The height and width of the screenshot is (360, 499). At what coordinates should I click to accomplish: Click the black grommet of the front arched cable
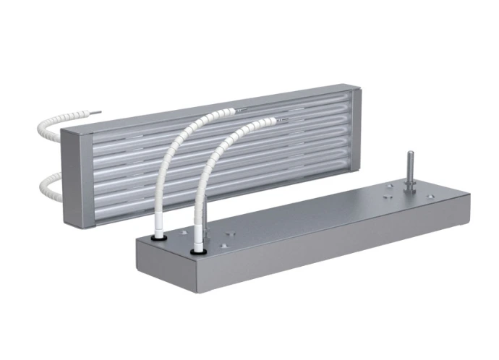click(195, 251)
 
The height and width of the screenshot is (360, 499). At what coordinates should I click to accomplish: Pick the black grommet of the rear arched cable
click(157, 235)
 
